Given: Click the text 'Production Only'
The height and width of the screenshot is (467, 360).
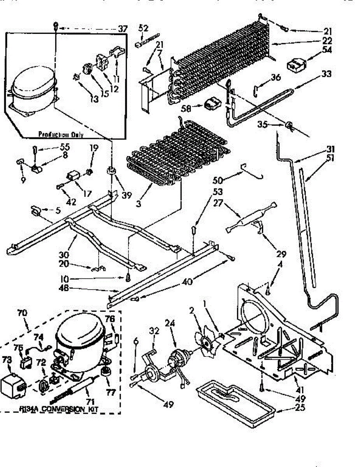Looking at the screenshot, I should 61,134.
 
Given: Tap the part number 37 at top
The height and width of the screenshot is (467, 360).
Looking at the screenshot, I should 123,28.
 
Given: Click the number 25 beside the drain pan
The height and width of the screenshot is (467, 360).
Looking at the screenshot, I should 300,408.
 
